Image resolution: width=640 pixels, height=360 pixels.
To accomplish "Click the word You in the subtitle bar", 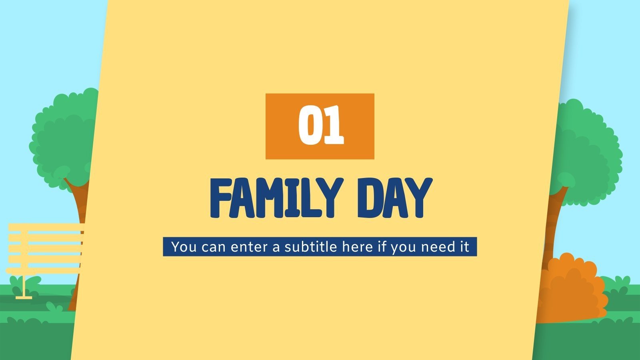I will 184,246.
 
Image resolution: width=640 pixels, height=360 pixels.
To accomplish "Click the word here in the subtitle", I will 358,246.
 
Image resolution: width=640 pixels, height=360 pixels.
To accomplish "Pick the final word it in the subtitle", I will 464,246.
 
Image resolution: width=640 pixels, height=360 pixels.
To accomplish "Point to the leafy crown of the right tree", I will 588,152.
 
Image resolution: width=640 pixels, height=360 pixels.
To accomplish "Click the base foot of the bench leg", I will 24,297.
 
